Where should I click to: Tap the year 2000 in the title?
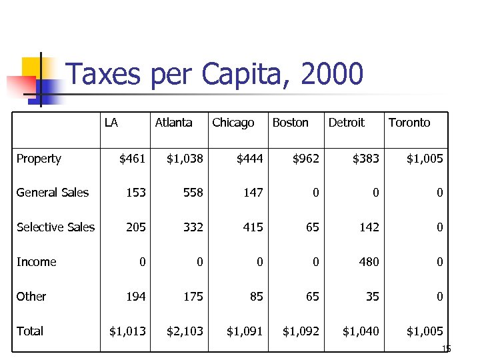333,74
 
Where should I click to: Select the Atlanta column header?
173,123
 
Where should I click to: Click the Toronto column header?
409,123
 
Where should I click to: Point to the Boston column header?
290,123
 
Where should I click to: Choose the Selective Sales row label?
55,227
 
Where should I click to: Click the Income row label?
36,262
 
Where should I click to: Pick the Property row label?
39,159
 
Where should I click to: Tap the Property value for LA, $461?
132,159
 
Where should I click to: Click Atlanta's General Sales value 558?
193,193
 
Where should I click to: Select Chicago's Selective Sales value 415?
253,227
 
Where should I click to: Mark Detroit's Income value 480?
369,262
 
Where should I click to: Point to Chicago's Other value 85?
256,297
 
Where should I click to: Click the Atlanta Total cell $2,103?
185,331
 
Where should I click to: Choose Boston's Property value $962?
306,159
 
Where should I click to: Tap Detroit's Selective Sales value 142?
369,227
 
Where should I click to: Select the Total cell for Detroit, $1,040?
361,331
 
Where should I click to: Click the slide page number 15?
446,349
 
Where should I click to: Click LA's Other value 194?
135,297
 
